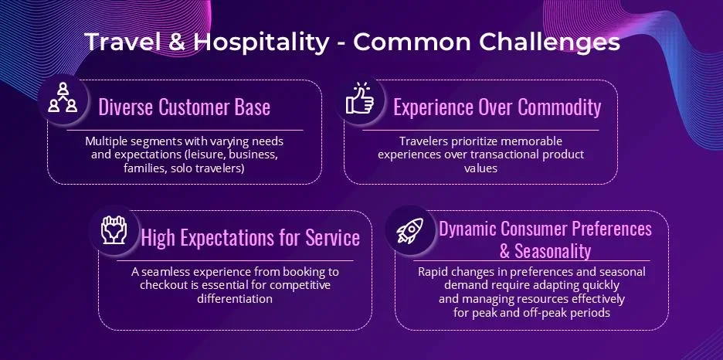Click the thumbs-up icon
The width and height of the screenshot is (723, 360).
pyautogui.click(x=360, y=98)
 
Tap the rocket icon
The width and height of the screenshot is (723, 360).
pyautogui.click(x=410, y=230)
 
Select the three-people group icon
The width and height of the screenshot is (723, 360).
pyautogui.click(x=63, y=97)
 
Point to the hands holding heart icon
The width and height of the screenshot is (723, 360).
pyautogui.click(x=114, y=229)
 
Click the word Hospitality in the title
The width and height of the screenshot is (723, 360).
pyautogui.click(x=261, y=42)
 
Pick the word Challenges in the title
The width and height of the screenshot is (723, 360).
pyautogui.click(x=550, y=42)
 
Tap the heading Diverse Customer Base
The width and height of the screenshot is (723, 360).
pyautogui.click(x=185, y=107)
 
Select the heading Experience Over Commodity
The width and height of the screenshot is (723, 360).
pyautogui.click(x=497, y=107)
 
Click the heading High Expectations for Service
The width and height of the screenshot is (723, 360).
pyautogui.click(x=250, y=238)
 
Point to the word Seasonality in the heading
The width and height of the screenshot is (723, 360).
pyautogui.click(x=552, y=251)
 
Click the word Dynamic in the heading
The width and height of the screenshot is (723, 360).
pyautogui.click(x=467, y=229)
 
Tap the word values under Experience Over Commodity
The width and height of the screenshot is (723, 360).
pyautogui.click(x=481, y=168)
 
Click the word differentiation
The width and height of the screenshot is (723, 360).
pyautogui.click(x=235, y=299)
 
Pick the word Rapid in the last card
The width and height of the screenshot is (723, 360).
pyautogui.click(x=431, y=272)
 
